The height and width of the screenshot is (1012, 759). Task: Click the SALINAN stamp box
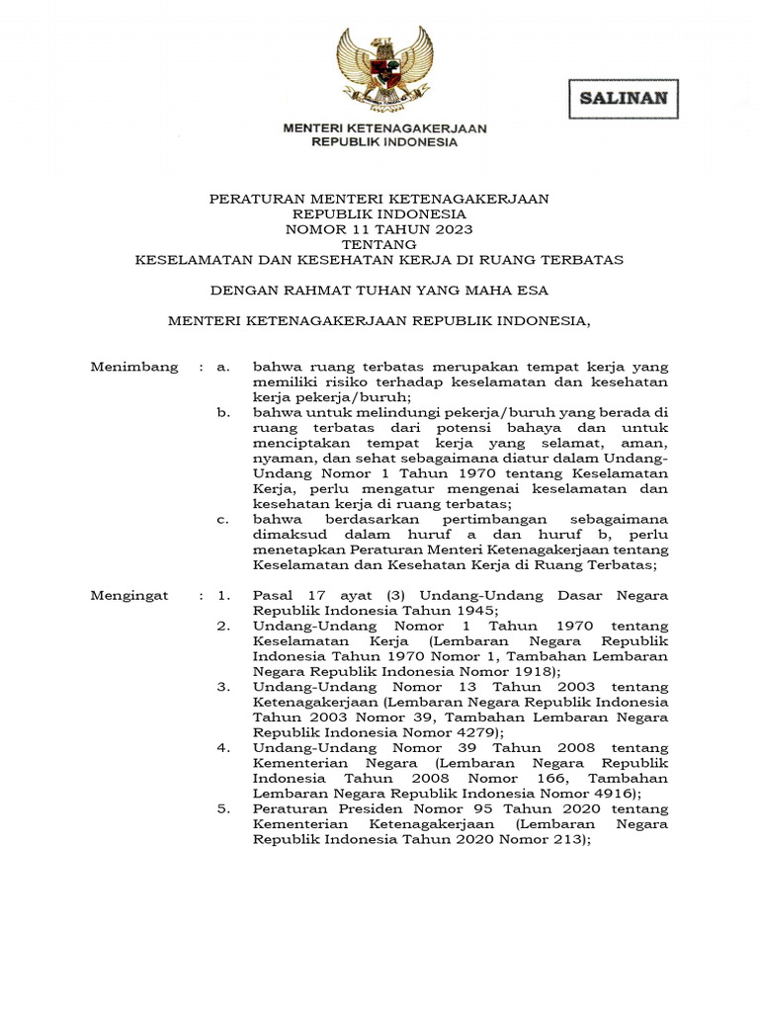[x=623, y=99]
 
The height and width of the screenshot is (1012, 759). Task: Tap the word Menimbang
[x=134, y=367]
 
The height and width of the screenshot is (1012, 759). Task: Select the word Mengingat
[x=129, y=596]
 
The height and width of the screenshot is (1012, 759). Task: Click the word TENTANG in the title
[x=379, y=244]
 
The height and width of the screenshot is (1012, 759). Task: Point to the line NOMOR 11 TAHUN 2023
[x=379, y=229]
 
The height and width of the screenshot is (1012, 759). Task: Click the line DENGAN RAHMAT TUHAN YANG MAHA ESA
[x=379, y=291]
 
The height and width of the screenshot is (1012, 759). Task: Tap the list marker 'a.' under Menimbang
[x=222, y=367]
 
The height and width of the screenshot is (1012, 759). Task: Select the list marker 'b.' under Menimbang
[x=223, y=412]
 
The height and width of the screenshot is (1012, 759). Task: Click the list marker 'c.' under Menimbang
[x=222, y=519]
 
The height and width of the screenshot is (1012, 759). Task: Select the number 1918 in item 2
[x=466, y=671]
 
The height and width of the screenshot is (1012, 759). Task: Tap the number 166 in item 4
[x=559, y=779]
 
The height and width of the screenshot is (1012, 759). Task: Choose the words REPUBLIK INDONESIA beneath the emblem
[x=384, y=142]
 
